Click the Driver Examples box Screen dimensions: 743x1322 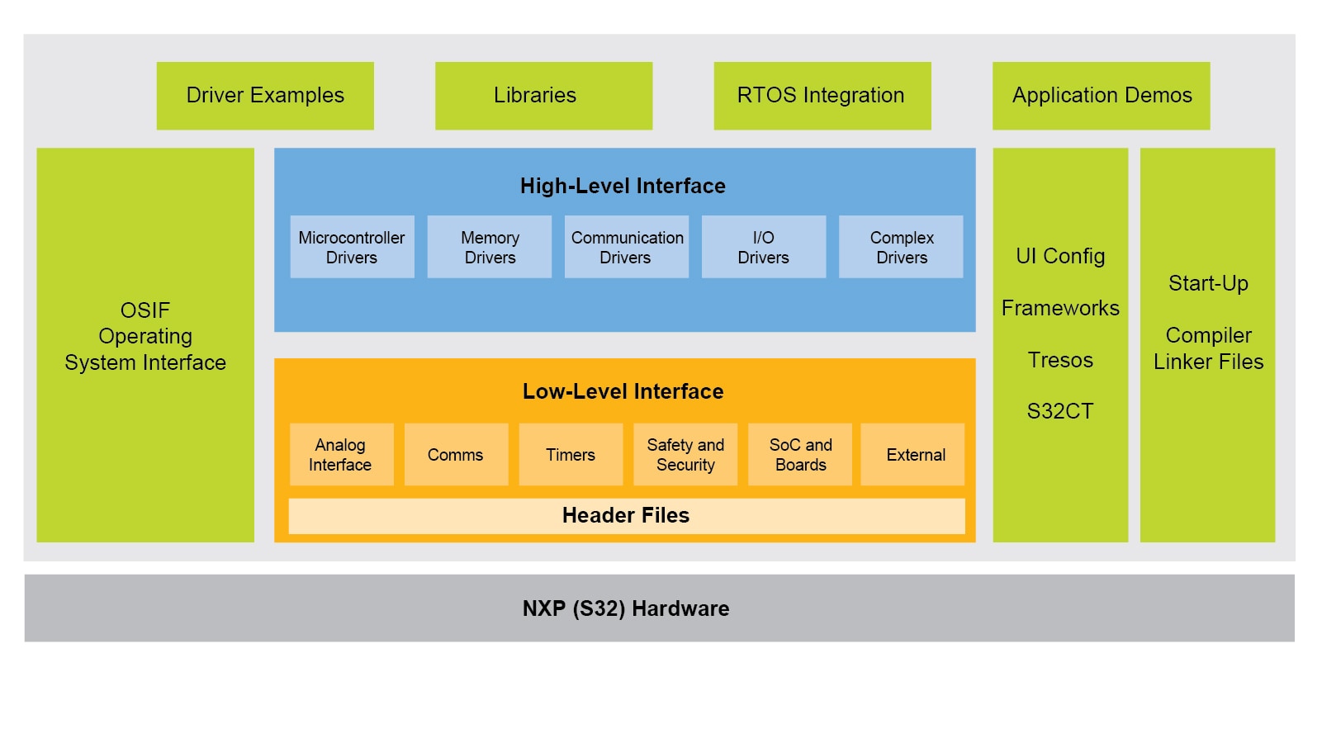tap(265, 96)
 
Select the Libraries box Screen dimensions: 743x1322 tap(543, 96)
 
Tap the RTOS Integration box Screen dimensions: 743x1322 tap(822, 96)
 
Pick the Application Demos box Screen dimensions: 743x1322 tap(1101, 96)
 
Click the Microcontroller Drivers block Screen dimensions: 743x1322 tap(352, 247)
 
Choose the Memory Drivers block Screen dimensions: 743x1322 tap(490, 247)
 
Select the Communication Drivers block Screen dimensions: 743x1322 tap(627, 247)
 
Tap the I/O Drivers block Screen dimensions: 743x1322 tap(764, 247)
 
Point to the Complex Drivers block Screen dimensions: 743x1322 tap(901, 247)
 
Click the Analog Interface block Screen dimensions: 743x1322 tap(341, 455)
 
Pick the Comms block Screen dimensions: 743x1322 tap(456, 455)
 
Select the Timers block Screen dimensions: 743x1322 tap(571, 455)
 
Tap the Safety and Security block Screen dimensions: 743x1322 tap(685, 455)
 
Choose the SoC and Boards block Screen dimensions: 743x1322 tap(800, 455)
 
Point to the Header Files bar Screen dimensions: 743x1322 tap(626, 516)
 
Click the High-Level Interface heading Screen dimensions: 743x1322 tap(623, 187)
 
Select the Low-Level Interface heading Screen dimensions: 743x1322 tap(623, 391)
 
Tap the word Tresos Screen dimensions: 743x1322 tap(1060, 360)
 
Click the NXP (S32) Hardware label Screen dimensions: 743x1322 tap(626, 608)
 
